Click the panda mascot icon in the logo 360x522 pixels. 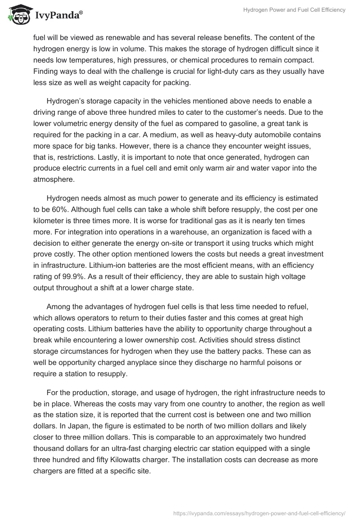(x=17, y=15)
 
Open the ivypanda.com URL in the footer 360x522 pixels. (x=259, y=513)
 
